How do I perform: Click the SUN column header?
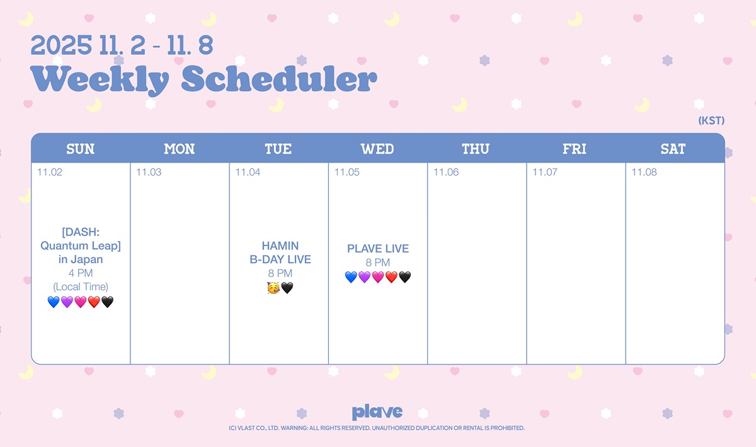[x=81, y=149]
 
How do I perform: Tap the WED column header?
[x=377, y=149]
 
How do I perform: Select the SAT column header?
[x=673, y=149]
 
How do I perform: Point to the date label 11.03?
[x=149, y=172]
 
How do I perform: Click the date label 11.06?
[x=446, y=172]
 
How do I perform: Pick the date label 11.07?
[x=545, y=172]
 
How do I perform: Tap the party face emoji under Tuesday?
[x=273, y=288]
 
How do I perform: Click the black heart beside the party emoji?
[x=287, y=288]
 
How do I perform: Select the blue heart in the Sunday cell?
[x=54, y=302]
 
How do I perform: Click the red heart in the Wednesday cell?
[x=391, y=277]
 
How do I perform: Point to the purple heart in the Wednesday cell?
[x=365, y=277]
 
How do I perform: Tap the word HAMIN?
[x=280, y=246]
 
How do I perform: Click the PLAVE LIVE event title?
[x=378, y=249]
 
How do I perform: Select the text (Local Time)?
[x=81, y=286]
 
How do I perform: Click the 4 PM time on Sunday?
[x=81, y=273]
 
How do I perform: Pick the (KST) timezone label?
[x=711, y=120]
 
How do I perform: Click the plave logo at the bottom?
[x=377, y=412]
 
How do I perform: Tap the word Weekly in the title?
[x=100, y=79]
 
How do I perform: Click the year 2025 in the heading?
[x=61, y=45]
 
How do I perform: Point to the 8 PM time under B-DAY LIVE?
[x=280, y=273]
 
